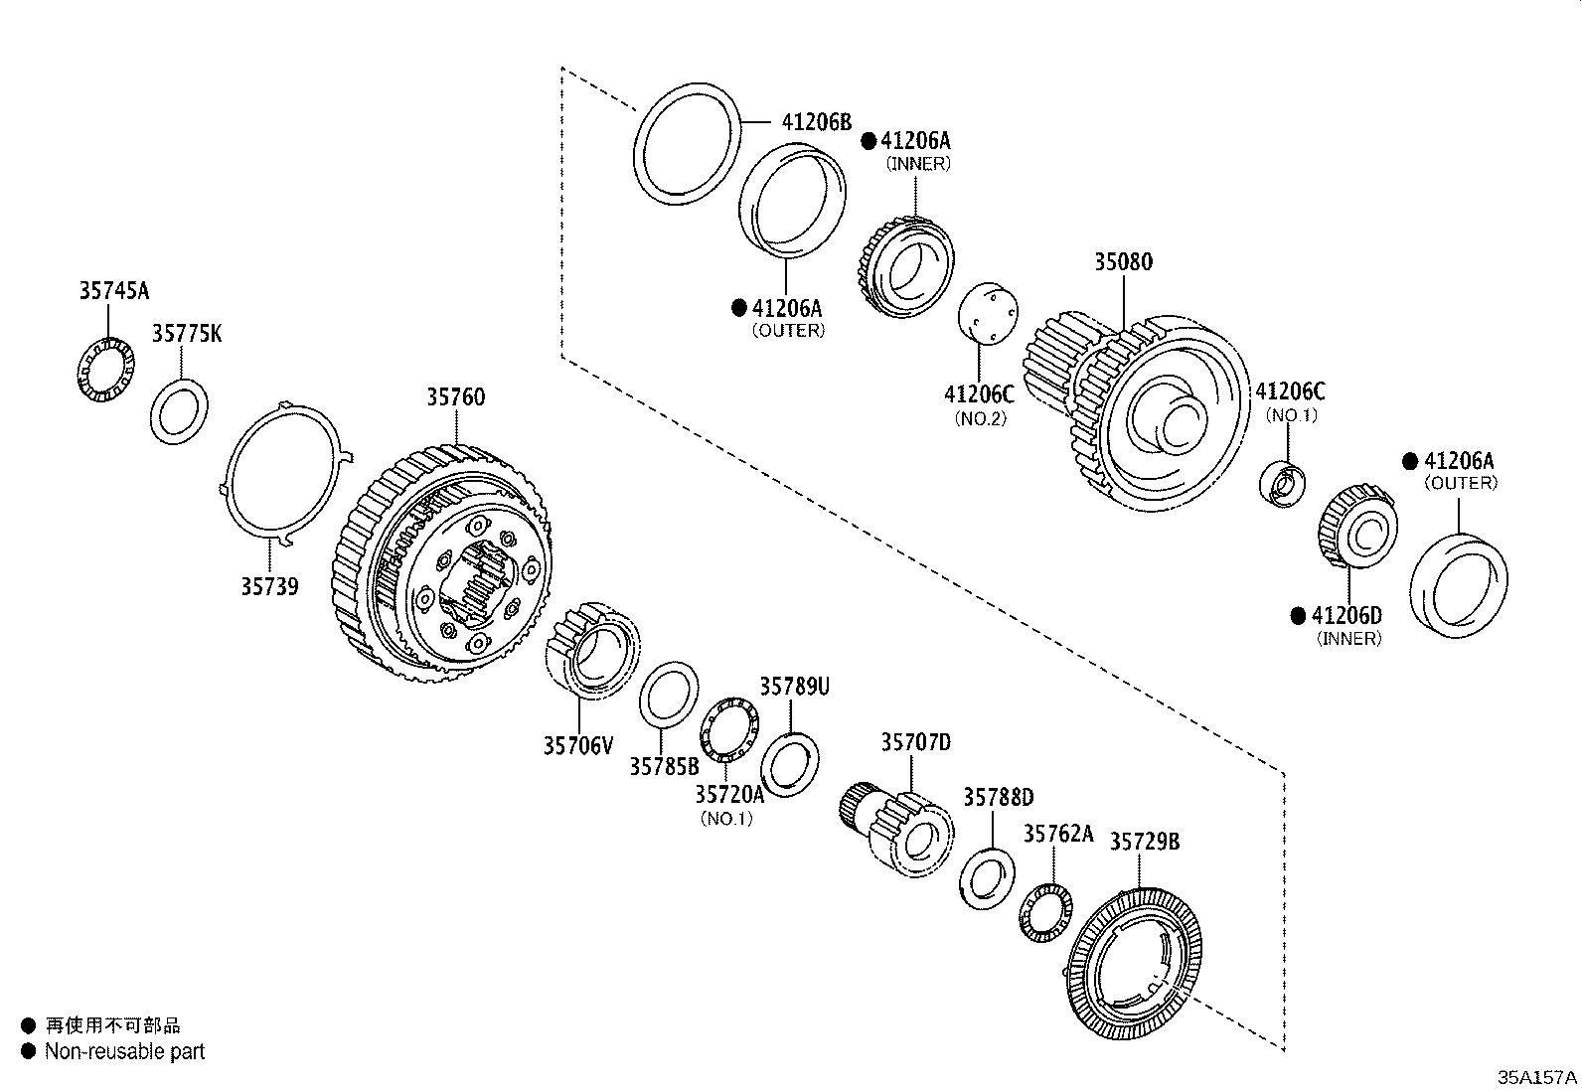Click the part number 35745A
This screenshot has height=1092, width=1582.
coord(113,290)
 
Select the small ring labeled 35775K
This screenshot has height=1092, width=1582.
coord(179,410)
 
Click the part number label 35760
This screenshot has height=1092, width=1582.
coord(456,397)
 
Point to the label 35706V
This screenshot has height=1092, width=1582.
coord(578,744)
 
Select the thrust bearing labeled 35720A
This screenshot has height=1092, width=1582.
coord(730,731)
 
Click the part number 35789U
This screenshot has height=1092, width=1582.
coord(794,687)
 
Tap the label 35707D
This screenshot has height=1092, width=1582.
coord(915,742)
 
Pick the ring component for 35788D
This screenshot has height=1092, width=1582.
coord(987,878)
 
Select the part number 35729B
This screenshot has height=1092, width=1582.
coord(1145,842)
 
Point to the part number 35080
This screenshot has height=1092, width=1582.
coord(1123,262)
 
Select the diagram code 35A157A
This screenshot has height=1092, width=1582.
coord(1537,1077)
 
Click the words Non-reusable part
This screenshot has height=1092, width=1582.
coord(124,1051)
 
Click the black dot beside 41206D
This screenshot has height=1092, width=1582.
coord(1297,616)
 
